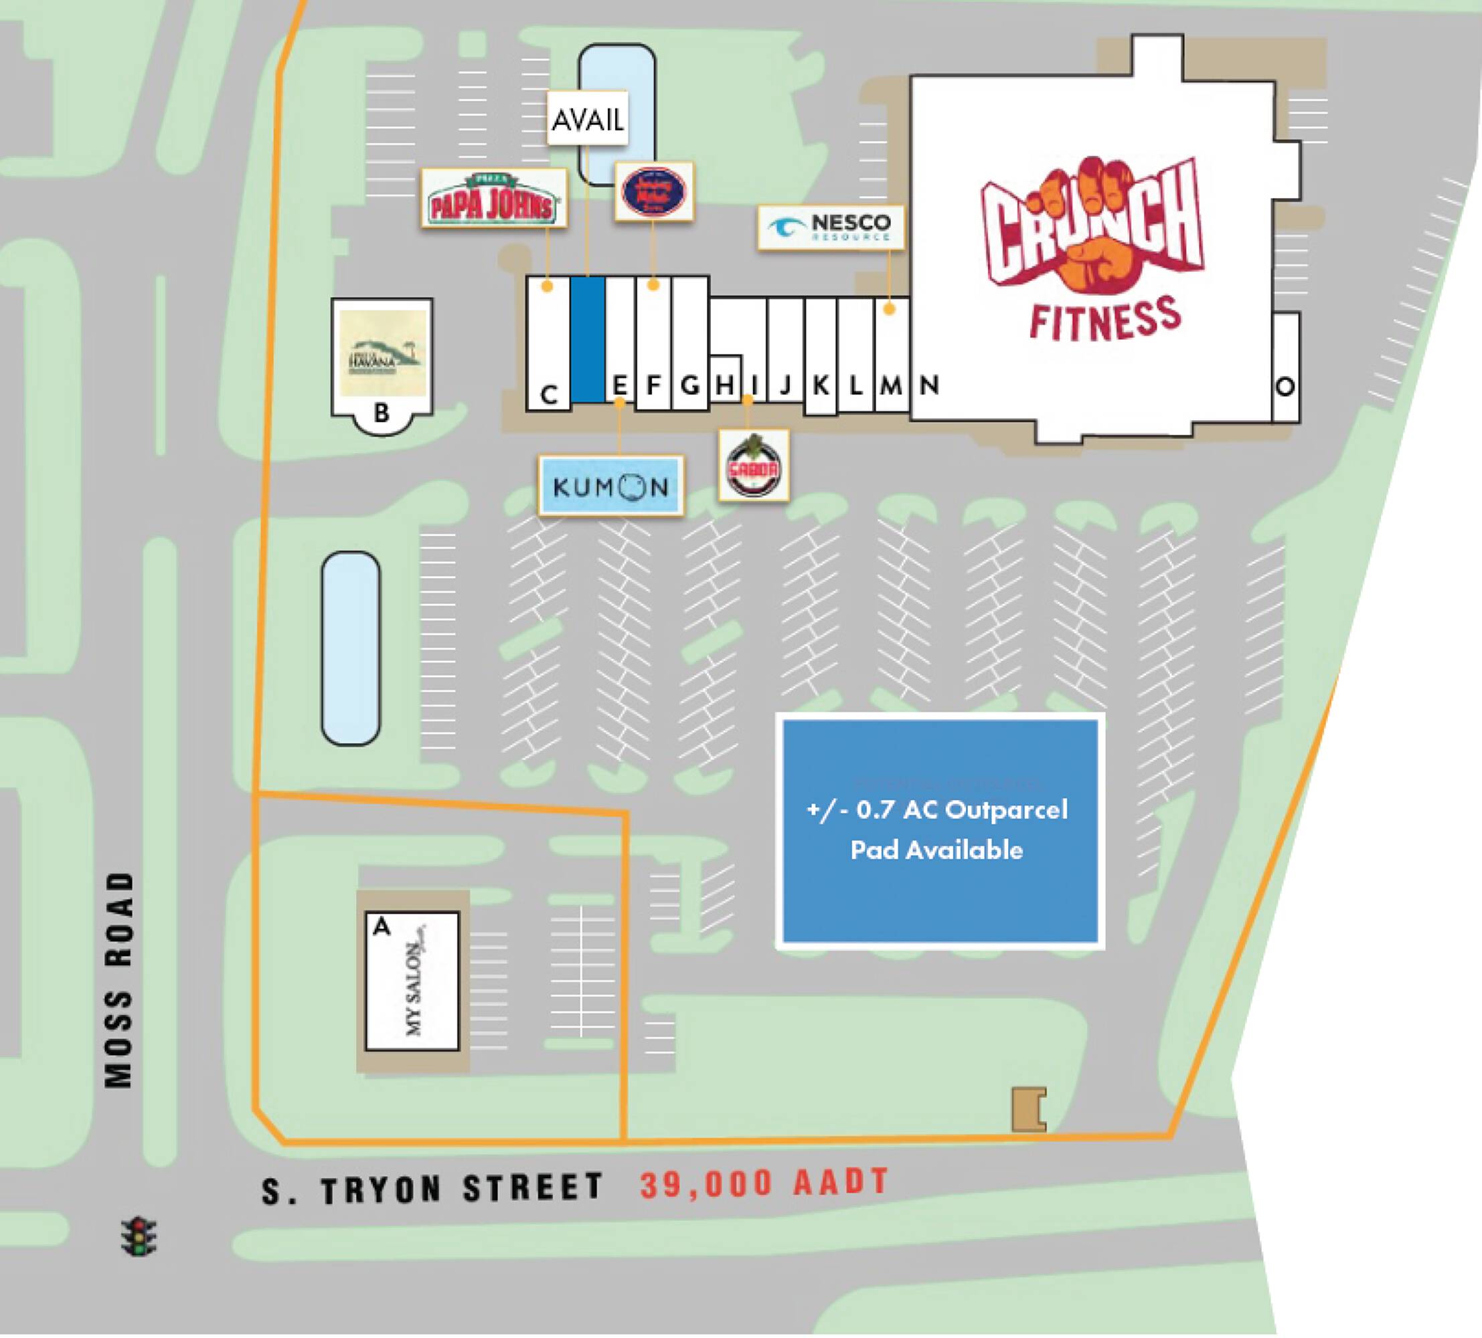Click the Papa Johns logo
494,197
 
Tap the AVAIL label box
587,118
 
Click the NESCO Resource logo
831,226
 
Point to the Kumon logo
610,486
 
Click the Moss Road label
119,980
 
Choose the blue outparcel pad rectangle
940,831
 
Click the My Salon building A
412,981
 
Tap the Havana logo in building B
382,353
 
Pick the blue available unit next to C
588,339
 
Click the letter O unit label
1285,387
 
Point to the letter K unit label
821,385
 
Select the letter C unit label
548,395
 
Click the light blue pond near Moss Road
351,649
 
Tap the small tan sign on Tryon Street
1028,1109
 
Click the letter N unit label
929,384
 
